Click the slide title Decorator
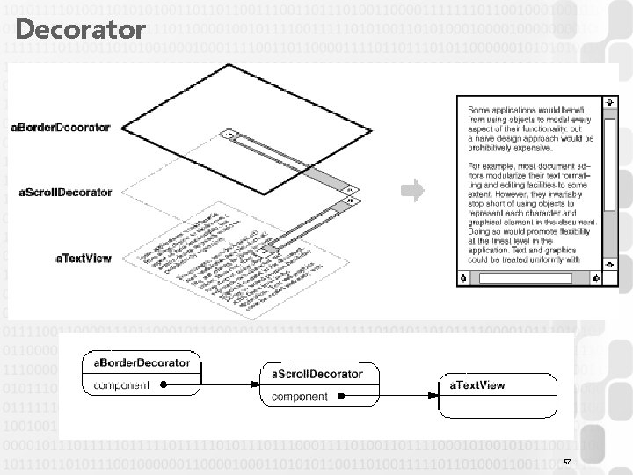pos(80,31)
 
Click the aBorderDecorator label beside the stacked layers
pos(60,128)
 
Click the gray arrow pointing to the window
pos(411,188)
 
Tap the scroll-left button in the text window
pos(467,280)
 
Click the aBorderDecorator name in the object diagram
pos(137,362)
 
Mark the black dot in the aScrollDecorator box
pos(343,398)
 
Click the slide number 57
pos(568,462)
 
